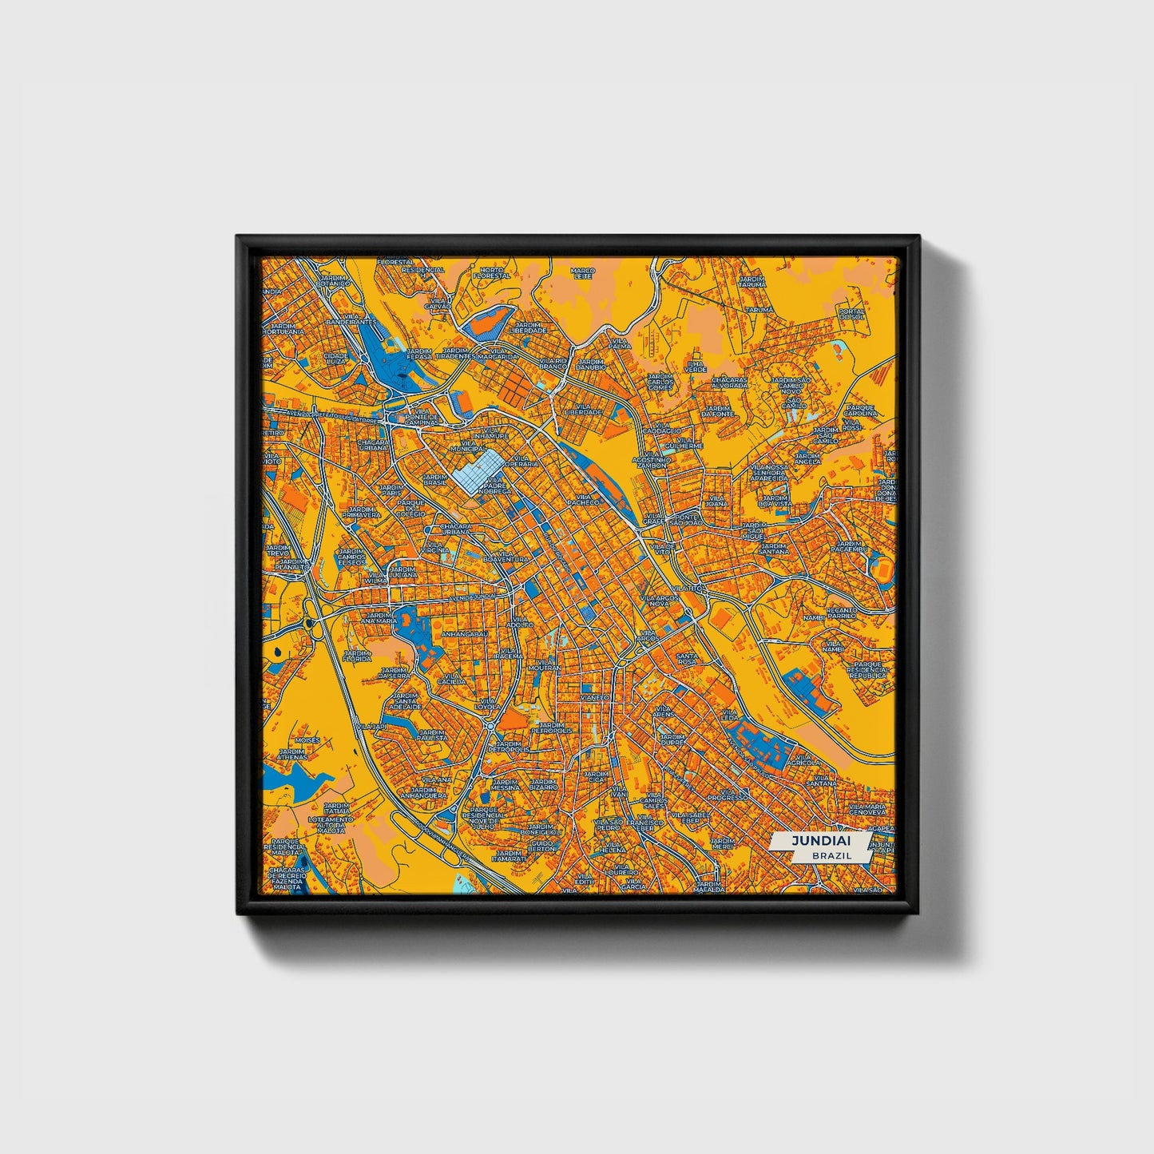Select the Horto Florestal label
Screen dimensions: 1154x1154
pyautogui.click(x=490, y=273)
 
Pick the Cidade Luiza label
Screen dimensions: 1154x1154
pyautogui.click(x=334, y=358)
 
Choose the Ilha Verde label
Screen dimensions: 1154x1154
pyautogui.click(x=696, y=367)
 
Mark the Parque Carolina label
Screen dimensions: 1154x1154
pyautogui.click(x=860, y=410)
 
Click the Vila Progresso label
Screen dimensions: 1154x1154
pyautogui.click(x=727, y=794)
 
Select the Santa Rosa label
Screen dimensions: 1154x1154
pyautogui.click(x=688, y=658)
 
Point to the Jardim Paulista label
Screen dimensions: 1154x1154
pyautogui.click(x=432, y=735)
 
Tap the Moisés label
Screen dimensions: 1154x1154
pyautogui.click(x=308, y=740)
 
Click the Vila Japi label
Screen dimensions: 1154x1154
pyautogui.click(x=372, y=727)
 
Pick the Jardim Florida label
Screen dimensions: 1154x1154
pyautogui.click(x=357, y=656)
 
